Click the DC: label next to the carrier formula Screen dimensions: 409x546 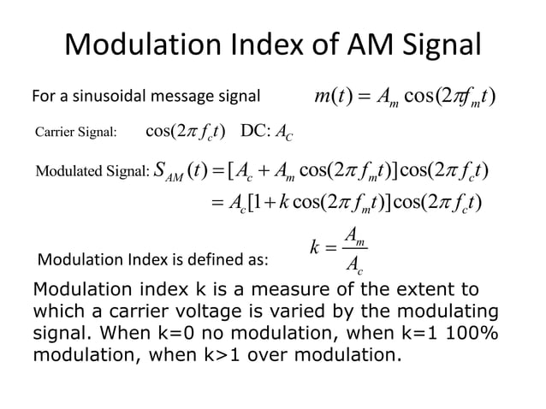(x=258, y=131)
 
